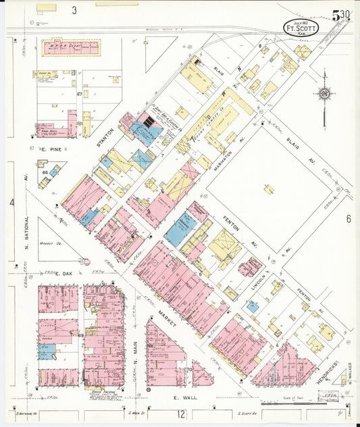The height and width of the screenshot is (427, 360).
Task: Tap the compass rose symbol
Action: [x=324, y=93]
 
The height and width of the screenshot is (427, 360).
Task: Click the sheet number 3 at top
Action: [x=74, y=10]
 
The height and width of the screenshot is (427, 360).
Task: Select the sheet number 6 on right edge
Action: [x=349, y=219]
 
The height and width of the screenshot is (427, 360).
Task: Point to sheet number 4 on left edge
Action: [x=11, y=202]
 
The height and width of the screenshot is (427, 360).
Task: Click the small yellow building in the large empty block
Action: [x=269, y=190]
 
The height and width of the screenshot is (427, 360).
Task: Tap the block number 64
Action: [x=45, y=173]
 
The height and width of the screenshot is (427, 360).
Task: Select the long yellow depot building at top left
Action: [x=70, y=48]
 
